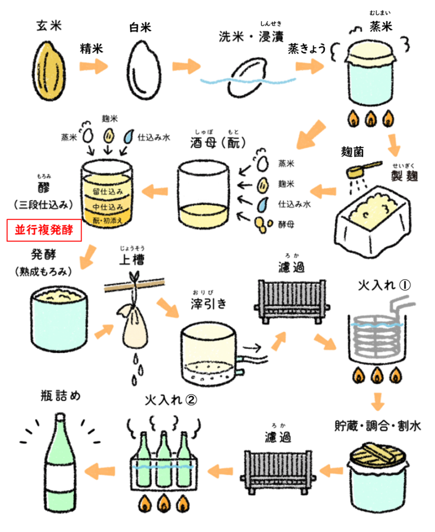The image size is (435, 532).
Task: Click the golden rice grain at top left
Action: [49, 71]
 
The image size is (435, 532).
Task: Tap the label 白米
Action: [140, 28]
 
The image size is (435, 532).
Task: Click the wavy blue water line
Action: [248, 81]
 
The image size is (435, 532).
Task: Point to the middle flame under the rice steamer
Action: [371, 119]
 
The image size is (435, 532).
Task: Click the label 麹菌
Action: [353, 152]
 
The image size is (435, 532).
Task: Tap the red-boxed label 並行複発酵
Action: [44, 230]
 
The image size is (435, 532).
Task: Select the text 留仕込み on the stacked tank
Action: [108, 192]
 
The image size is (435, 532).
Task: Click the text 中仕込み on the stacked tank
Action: [108, 207]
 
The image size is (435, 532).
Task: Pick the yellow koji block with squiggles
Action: [374, 211]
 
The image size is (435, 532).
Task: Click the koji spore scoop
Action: [364, 169]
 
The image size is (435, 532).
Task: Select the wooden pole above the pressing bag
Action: [135, 285]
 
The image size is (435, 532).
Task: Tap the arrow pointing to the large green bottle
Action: [100, 471]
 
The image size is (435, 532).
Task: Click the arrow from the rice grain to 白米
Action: [94, 66]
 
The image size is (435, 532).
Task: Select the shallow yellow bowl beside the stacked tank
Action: [204, 216]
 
